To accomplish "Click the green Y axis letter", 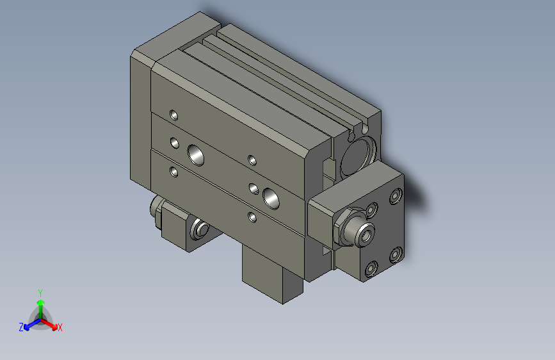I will pyautogui.click(x=40, y=291).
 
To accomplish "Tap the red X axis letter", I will pyautogui.click(x=60, y=327).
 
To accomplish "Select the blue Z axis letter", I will pyautogui.click(x=21, y=327).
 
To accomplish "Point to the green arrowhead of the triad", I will pyautogui.click(x=40, y=302).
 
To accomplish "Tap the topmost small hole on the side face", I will pyautogui.click(x=173, y=115).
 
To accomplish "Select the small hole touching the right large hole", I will pyautogui.click(x=254, y=188).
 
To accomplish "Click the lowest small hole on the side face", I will pyautogui.click(x=252, y=217).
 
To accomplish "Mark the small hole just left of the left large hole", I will pyautogui.click(x=173, y=142).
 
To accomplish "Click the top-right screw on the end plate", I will pyautogui.click(x=395, y=195).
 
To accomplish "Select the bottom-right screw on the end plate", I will pyautogui.click(x=394, y=255).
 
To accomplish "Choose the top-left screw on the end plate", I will pyautogui.click(x=371, y=209).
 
